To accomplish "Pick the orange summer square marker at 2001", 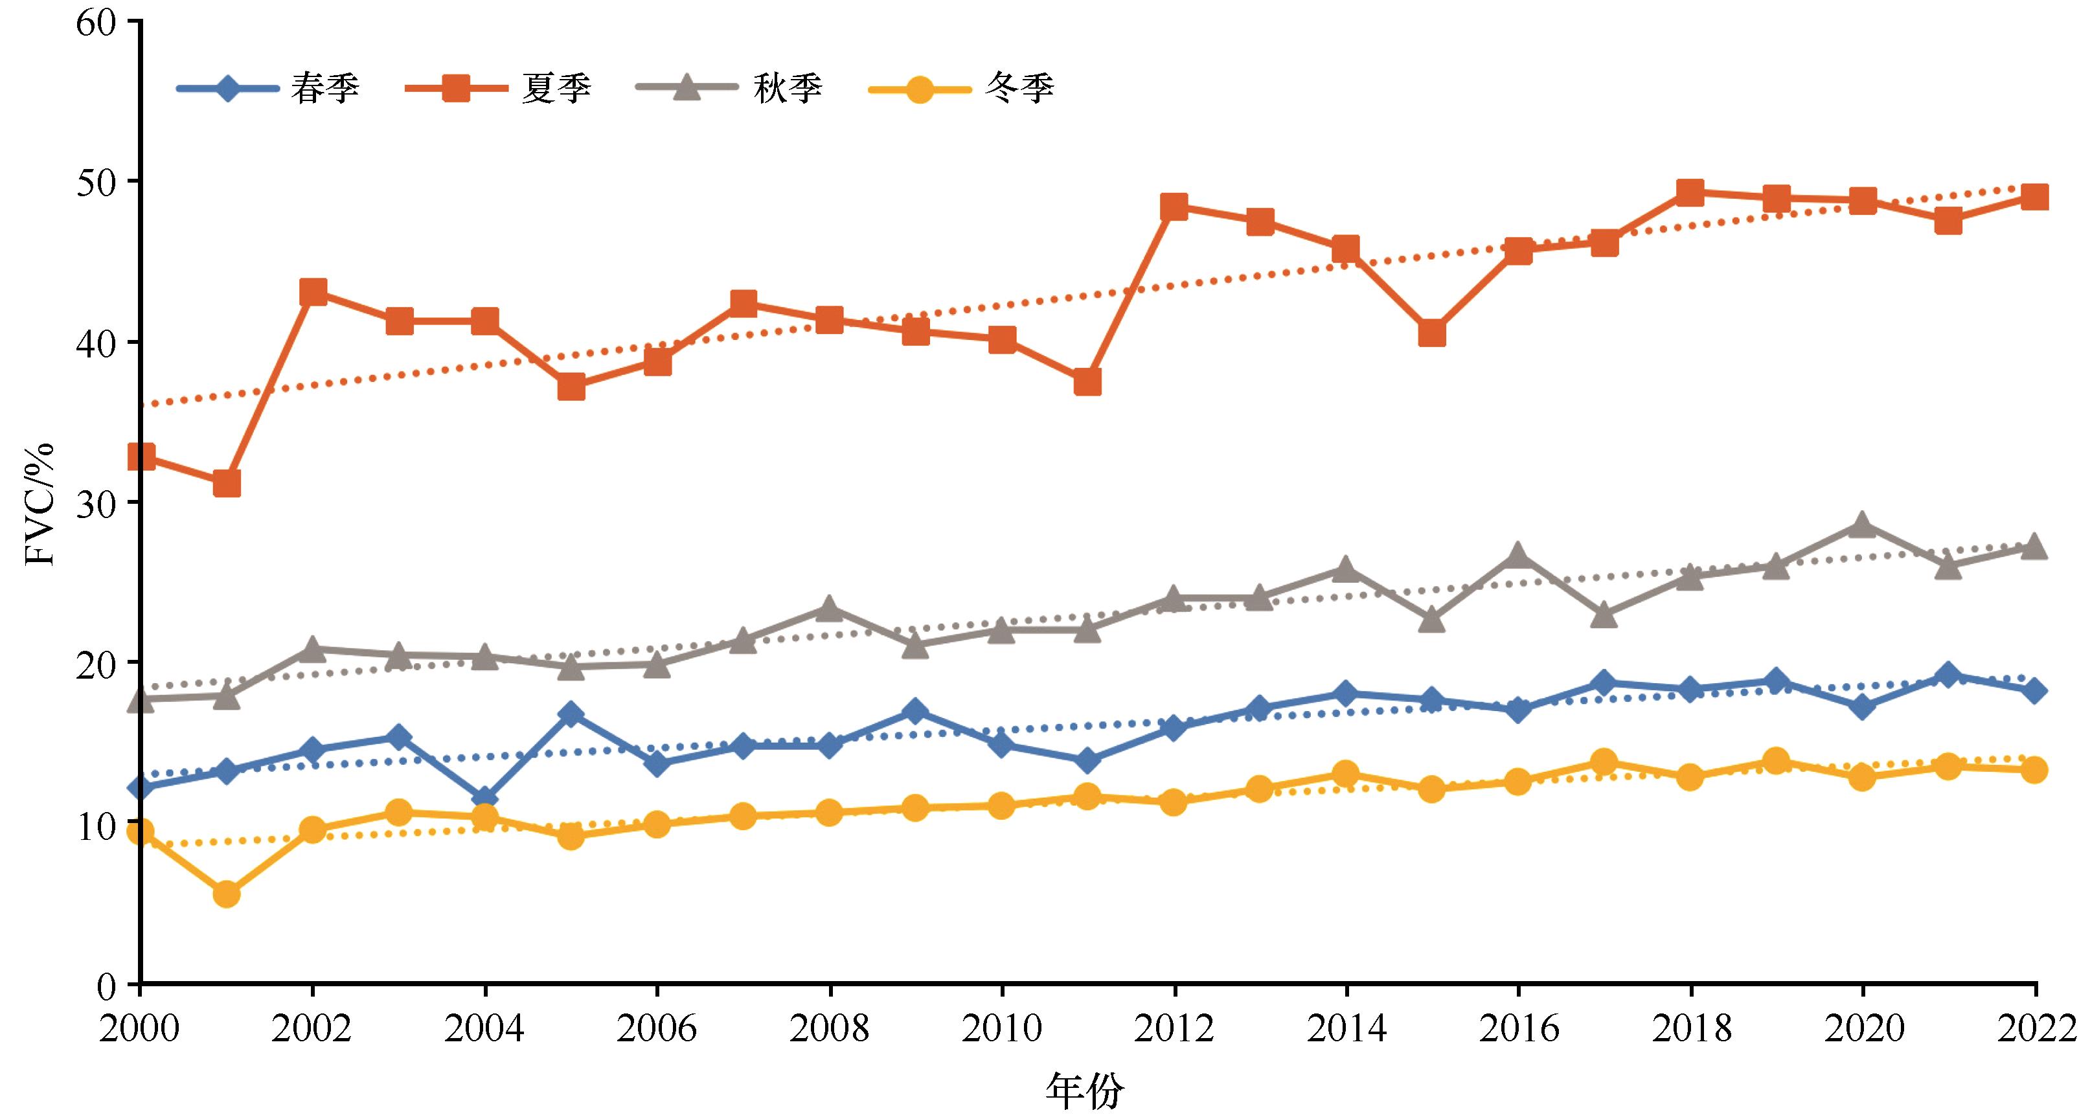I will [227, 484].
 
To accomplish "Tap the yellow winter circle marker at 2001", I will [227, 894].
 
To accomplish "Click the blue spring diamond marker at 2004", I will [485, 798].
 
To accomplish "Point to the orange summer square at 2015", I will [1432, 333].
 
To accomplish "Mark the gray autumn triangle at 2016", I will [1518, 556].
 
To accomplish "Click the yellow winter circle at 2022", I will [2034, 770].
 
